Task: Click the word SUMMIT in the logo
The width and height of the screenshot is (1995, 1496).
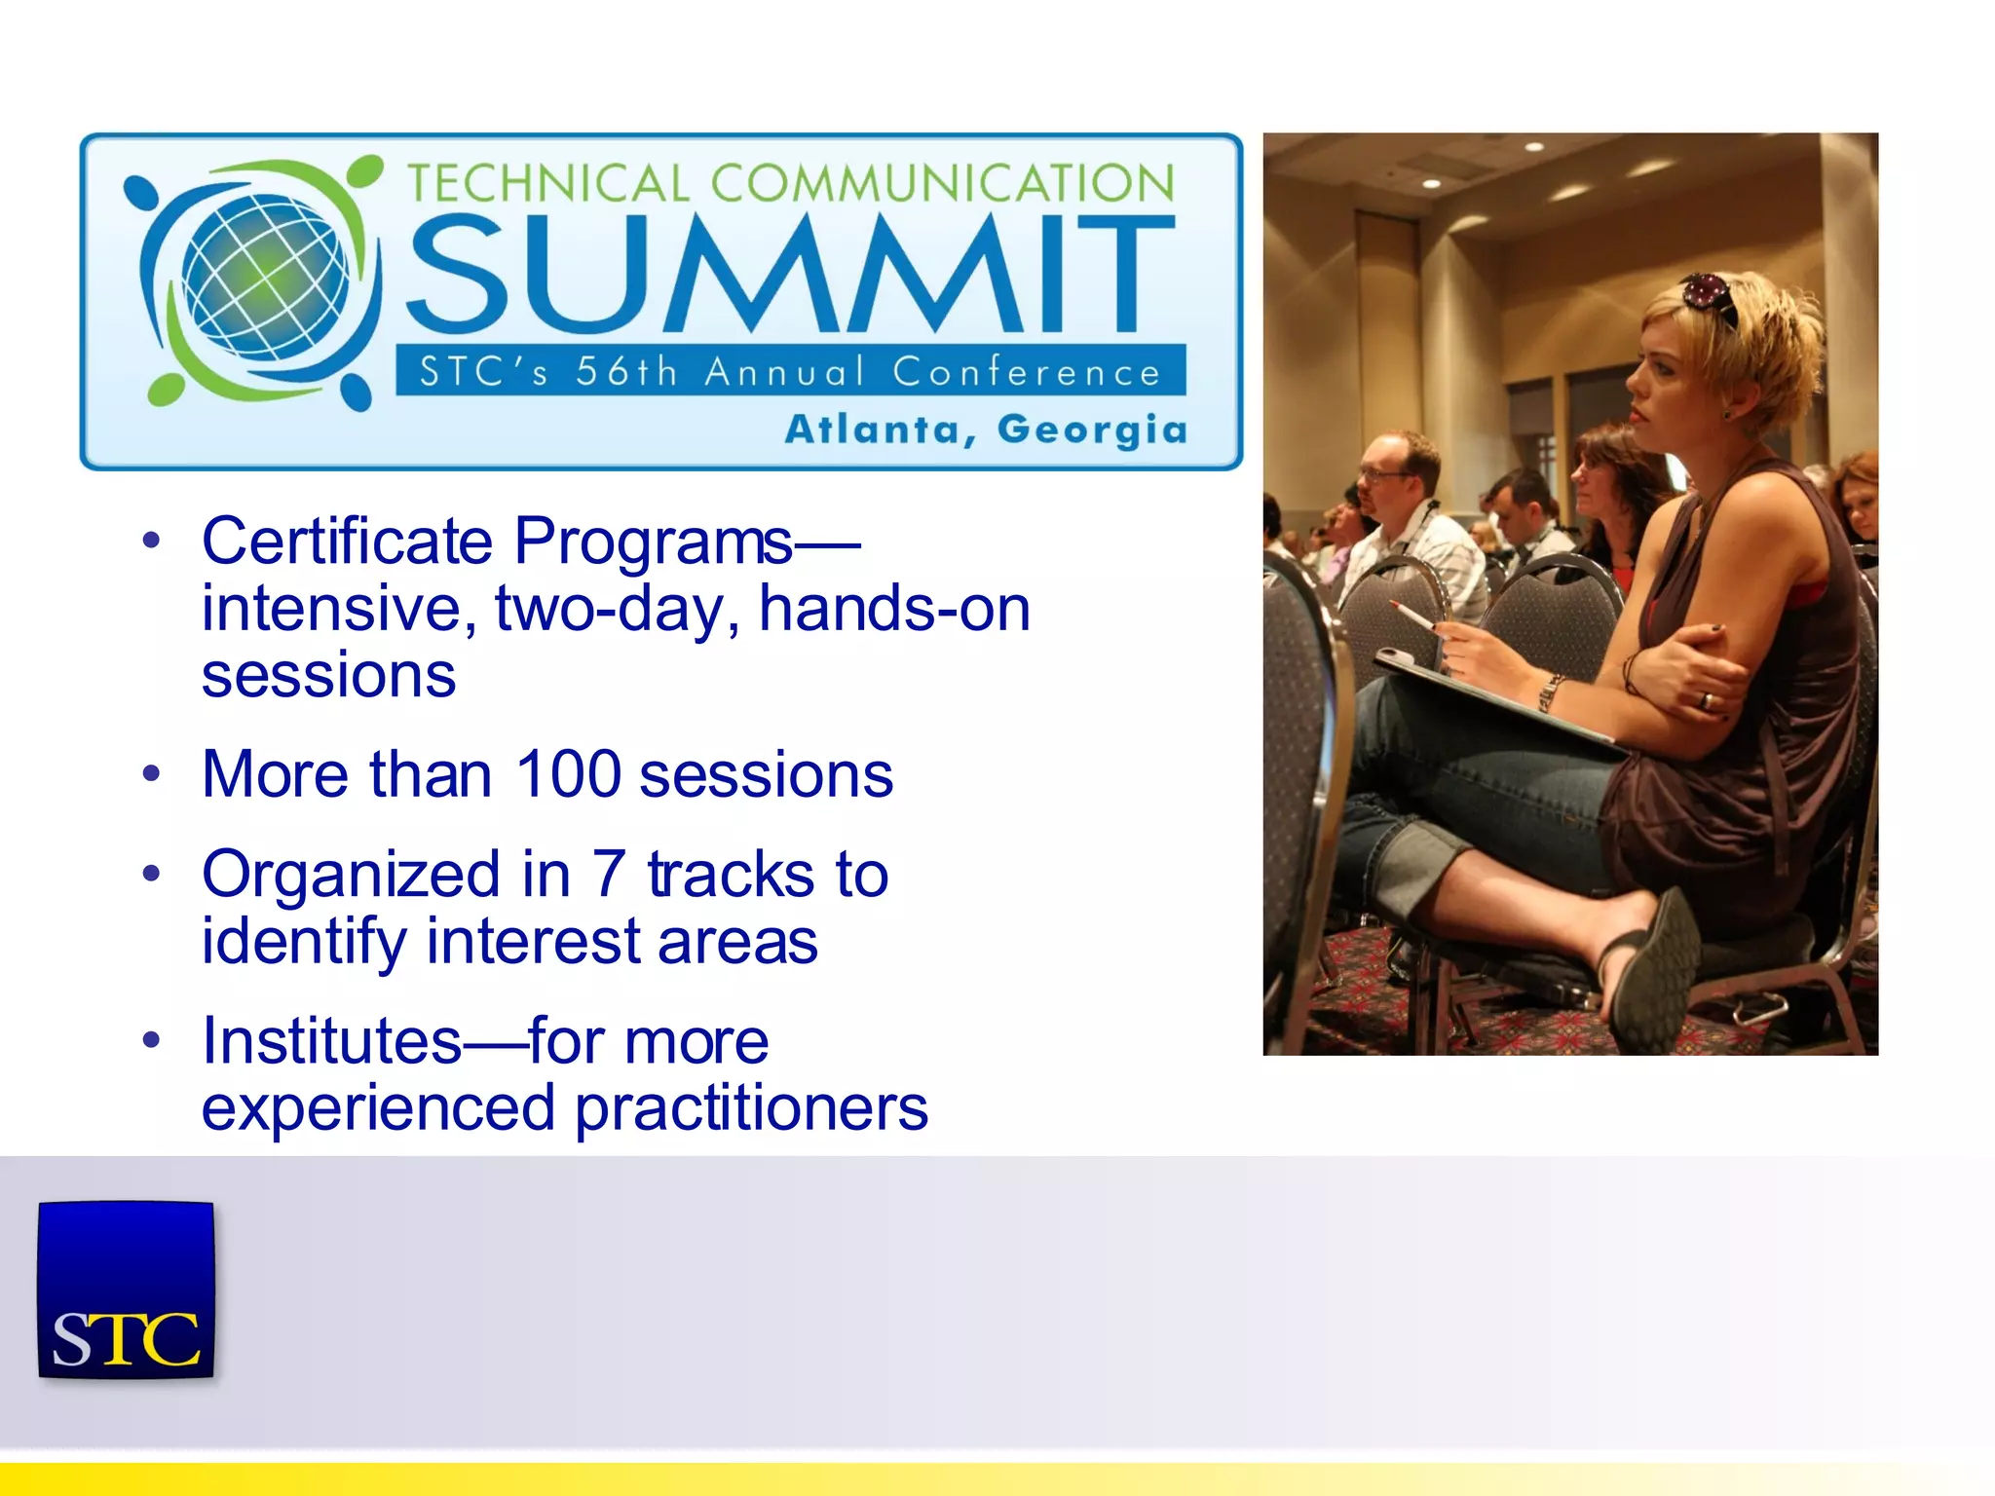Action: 789,275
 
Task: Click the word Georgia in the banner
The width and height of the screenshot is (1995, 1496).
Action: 1092,430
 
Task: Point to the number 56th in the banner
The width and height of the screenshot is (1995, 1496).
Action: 625,372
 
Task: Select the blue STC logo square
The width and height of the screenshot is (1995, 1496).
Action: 126,1290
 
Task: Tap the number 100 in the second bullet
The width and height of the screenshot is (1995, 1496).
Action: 568,774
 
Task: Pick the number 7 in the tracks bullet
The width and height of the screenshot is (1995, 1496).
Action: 609,874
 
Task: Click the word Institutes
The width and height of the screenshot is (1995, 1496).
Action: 331,1041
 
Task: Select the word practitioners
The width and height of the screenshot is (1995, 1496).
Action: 751,1108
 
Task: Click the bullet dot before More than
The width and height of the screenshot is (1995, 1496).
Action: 150,775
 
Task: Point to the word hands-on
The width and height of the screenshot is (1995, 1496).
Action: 894,609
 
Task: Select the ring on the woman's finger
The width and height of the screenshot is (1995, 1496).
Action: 1705,699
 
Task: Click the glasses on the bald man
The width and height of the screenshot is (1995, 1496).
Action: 1382,474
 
